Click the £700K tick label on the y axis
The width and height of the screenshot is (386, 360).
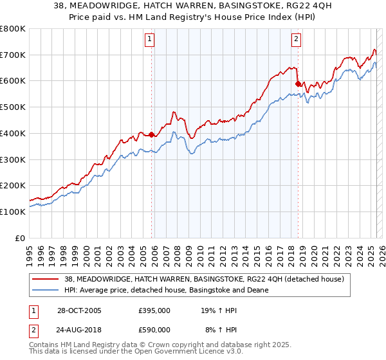[13, 55]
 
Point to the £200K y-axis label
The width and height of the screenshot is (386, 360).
[13, 186]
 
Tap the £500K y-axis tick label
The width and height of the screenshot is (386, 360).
[13, 107]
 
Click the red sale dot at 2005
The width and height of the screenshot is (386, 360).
[152, 135]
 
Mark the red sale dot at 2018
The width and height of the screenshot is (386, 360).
[297, 84]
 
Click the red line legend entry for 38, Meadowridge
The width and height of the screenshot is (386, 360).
[204, 279]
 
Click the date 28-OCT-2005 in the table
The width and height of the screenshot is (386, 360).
[78, 310]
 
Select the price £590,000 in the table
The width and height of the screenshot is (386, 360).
[154, 329]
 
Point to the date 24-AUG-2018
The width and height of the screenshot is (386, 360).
[78, 329]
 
